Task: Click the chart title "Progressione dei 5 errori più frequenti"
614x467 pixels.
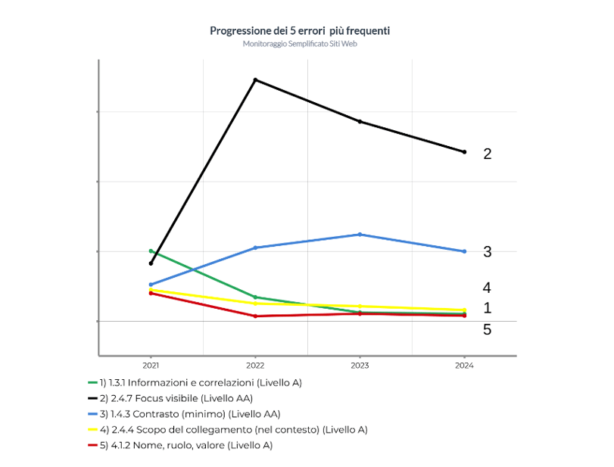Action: (x=300, y=30)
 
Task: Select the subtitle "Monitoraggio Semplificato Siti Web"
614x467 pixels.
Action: (x=300, y=44)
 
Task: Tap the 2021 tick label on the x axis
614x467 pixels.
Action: (x=151, y=365)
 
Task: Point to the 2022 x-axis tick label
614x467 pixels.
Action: (x=255, y=365)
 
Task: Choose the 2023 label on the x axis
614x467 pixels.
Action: (x=360, y=365)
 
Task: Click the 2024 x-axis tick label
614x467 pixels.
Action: (x=464, y=365)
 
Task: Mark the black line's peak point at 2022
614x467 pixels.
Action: (x=255, y=79)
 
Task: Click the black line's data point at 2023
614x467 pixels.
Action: (x=360, y=121)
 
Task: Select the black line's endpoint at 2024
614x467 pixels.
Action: (x=464, y=152)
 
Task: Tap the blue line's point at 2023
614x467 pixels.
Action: (x=360, y=235)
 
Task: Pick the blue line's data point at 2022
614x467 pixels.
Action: (x=255, y=248)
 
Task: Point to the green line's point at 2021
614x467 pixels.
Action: (x=151, y=251)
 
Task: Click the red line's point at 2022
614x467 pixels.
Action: (x=255, y=316)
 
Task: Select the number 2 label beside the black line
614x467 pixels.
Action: (x=488, y=154)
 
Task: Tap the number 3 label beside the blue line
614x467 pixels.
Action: (x=488, y=251)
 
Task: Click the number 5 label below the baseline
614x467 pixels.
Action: (x=488, y=329)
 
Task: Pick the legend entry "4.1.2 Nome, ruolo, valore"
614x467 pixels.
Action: (x=185, y=445)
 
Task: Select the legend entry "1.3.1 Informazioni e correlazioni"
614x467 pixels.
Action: (x=200, y=382)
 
